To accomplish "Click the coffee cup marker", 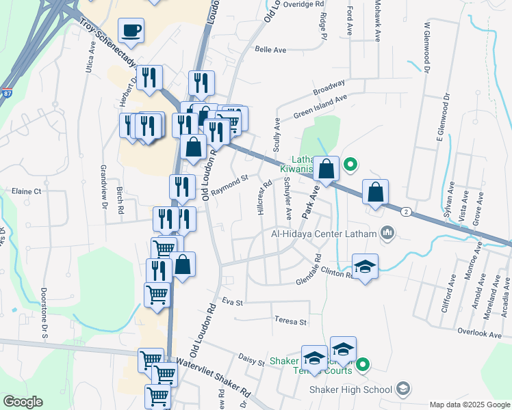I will tap(131, 31).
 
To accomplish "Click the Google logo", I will tap(22, 402).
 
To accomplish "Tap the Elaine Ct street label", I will tap(27, 191).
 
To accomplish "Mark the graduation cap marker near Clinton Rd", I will tap(365, 267).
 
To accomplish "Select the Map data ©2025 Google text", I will tap(469, 405).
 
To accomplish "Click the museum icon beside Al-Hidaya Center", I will tap(387, 234).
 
